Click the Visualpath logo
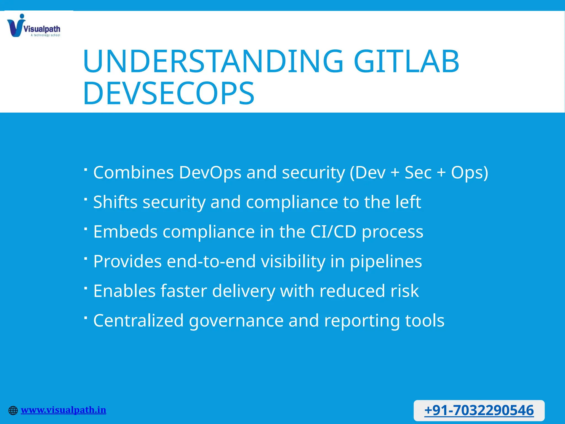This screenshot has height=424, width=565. click(33, 26)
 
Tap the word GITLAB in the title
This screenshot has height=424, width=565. click(406, 61)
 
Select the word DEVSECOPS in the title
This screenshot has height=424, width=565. click(168, 93)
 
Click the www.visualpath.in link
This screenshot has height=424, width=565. click(63, 410)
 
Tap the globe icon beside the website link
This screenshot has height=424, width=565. click(13, 410)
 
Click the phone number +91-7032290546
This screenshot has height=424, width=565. click(479, 410)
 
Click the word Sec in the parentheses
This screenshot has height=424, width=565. click(418, 173)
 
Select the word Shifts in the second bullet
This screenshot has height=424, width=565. click(115, 202)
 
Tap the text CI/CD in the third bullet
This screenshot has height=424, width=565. click(333, 232)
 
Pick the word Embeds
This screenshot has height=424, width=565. click(125, 232)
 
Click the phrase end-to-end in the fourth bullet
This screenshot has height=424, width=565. click(211, 261)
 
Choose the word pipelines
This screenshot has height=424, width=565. click(386, 261)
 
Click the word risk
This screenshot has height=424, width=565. click(405, 291)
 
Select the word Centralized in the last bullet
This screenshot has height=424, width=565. click(138, 320)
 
